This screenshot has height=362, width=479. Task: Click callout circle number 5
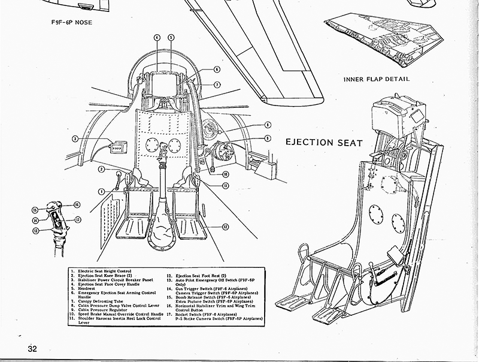(171, 37)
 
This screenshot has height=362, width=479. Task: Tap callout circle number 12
(226, 226)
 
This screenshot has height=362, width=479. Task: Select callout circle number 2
(102, 170)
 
